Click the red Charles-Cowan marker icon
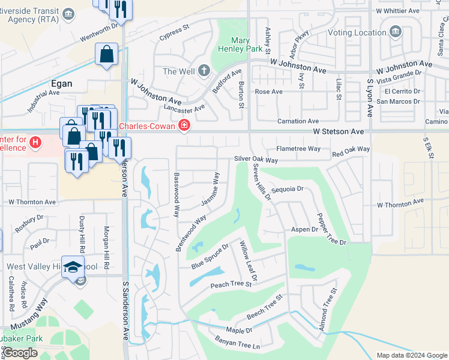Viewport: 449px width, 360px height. (184, 125)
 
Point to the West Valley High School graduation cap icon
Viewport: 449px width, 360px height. (72, 266)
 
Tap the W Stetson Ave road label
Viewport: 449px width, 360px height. (338, 131)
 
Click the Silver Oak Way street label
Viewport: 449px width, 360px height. (256, 160)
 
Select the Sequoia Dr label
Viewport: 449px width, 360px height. (288, 188)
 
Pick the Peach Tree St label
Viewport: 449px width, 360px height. (230, 285)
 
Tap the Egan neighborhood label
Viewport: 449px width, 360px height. (61, 83)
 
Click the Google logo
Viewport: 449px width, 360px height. (20, 353)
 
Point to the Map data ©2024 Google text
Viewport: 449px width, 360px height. (411, 355)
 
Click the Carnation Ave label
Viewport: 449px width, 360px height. (298, 121)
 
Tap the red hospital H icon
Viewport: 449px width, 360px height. (36, 142)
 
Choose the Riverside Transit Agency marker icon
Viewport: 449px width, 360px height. (68, 14)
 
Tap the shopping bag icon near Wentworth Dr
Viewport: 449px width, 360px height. (107, 55)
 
